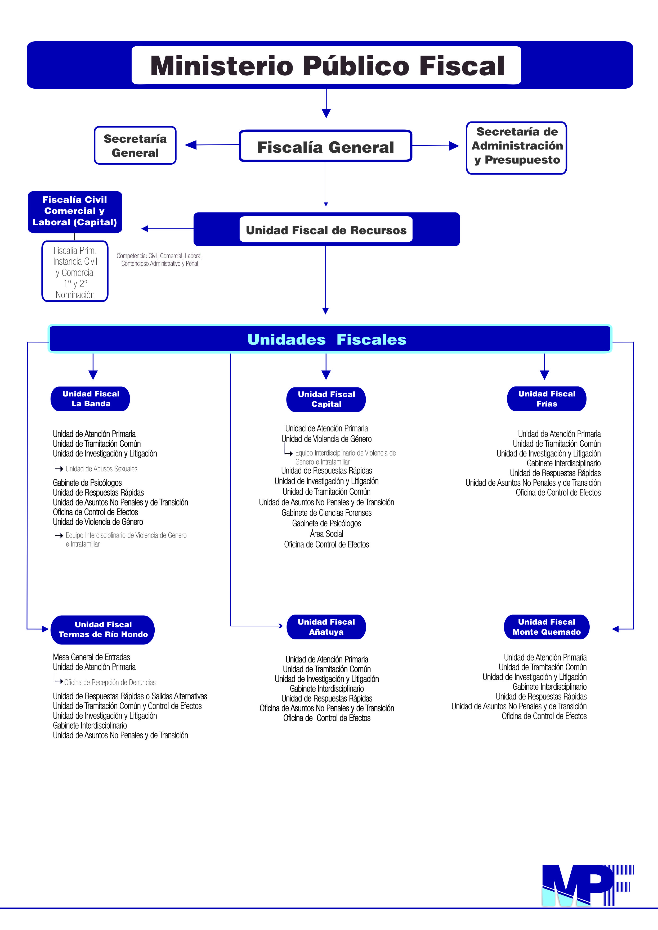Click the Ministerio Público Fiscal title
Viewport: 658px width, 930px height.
click(x=327, y=66)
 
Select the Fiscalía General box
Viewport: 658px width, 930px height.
click(x=326, y=146)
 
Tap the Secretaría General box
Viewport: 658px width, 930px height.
click(x=135, y=145)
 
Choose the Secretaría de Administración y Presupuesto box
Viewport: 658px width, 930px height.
click(x=517, y=148)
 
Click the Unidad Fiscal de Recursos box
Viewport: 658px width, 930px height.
click(x=326, y=229)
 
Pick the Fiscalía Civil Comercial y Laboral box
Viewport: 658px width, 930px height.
click(x=75, y=212)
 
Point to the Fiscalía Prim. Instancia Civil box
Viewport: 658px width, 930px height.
click(x=75, y=271)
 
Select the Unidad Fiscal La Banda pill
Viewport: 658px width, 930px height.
click(x=90, y=399)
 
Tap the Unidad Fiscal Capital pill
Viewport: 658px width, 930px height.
click(x=326, y=399)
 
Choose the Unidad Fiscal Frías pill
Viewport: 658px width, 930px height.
click(x=547, y=399)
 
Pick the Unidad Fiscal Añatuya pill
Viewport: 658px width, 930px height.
click(x=326, y=627)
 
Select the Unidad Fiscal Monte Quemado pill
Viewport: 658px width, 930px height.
click(x=547, y=627)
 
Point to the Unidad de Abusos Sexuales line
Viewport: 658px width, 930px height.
click(x=101, y=469)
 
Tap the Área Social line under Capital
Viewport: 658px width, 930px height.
click(x=326, y=534)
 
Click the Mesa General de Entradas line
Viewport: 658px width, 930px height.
click(x=92, y=657)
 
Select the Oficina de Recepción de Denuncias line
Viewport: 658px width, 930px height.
click(x=110, y=682)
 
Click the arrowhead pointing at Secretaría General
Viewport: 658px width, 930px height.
click(x=191, y=145)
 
